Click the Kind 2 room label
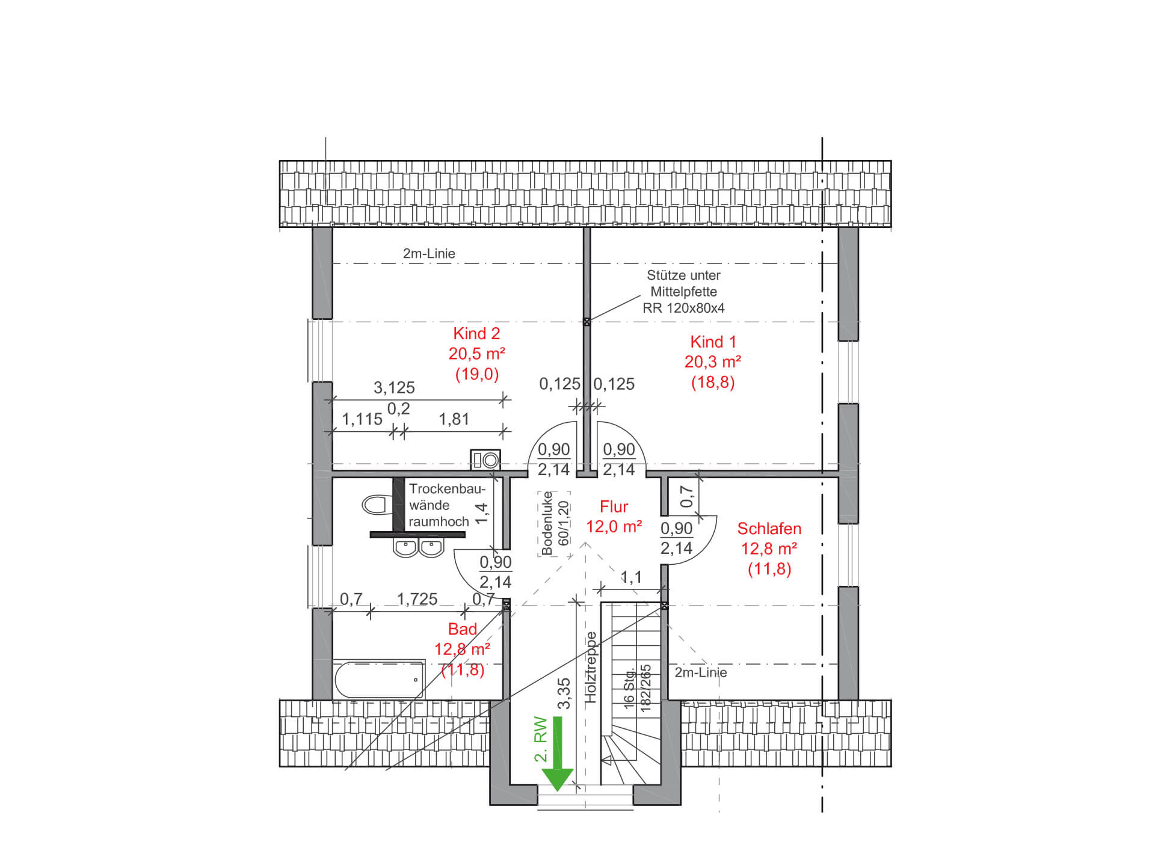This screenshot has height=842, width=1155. (x=476, y=334)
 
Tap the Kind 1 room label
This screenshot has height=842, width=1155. (x=713, y=342)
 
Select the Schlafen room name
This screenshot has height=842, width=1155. (x=769, y=529)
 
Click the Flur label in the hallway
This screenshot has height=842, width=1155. (x=614, y=507)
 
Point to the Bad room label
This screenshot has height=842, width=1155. (x=463, y=630)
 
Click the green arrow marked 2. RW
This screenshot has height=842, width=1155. (x=558, y=753)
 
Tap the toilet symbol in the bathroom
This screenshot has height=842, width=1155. (x=376, y=505)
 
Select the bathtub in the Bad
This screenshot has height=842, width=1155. (x=379, y=680)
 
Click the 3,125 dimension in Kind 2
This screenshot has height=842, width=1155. (x=394, y=388)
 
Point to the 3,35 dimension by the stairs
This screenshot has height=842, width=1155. (x=564, y=694)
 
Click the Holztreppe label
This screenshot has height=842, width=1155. (x=591, y=668)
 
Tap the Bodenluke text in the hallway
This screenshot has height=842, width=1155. (x=547, y=523)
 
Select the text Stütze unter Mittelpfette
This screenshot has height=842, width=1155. (x=683, y=283)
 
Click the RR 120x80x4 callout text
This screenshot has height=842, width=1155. (x=683, y=308)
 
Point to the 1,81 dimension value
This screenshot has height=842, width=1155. (x=454, y=419)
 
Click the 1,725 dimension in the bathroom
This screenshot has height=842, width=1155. (x=417, y=599)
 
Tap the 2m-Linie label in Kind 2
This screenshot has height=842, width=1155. (x=429, y=254)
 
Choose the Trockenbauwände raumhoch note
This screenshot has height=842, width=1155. (x=446, y=505)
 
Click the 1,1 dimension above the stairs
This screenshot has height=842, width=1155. (x=631, y=578)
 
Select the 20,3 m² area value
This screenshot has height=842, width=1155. (x=713, y=362)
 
